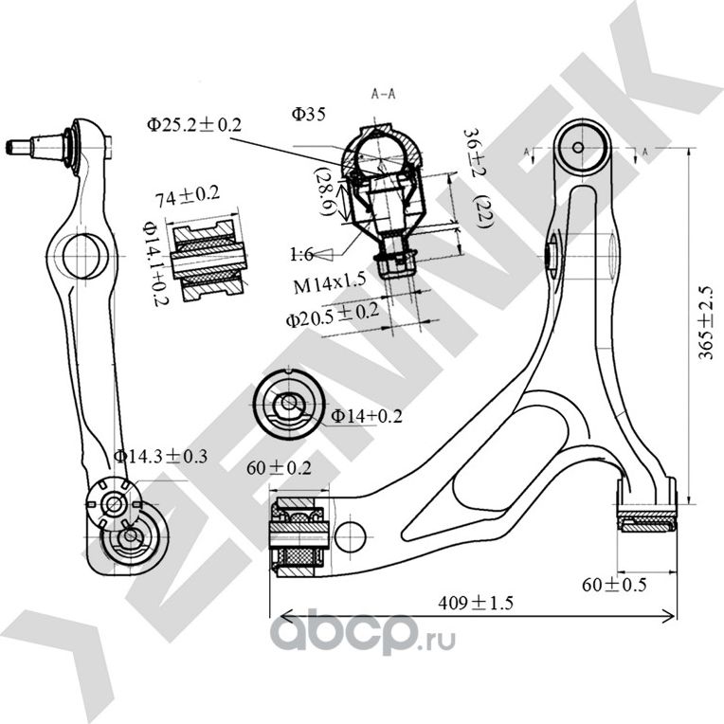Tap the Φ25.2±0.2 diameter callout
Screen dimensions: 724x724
pos(194,124)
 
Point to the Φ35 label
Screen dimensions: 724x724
pos(309,115)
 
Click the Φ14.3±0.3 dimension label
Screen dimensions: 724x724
pos(160,456)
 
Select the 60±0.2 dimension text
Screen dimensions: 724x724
pos(279,468)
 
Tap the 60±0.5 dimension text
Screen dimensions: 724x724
pos(614,585)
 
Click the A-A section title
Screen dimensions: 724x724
pos(383,95)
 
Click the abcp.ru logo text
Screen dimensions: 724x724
pos(363,633)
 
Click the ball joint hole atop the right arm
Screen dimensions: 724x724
pos(580,145)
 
